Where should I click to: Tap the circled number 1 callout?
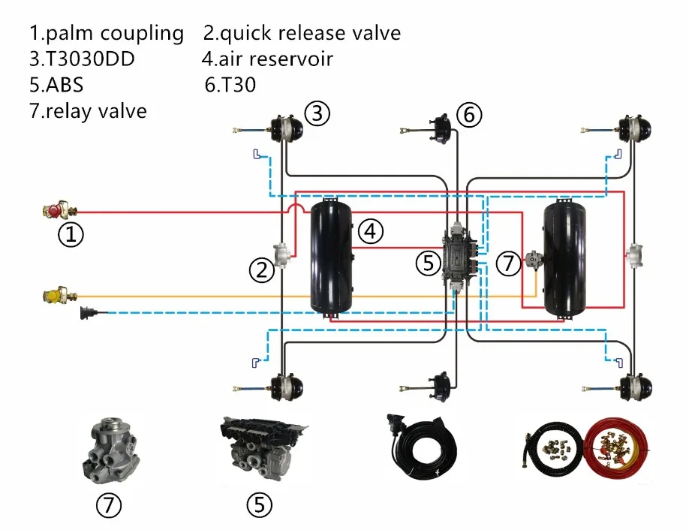[71, 236]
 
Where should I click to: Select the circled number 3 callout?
[317, 113]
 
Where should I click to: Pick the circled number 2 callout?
[262, 270]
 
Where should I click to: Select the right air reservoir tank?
[567, 256]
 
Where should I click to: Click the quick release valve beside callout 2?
[282, 255]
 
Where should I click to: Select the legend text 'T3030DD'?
[90, 59]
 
